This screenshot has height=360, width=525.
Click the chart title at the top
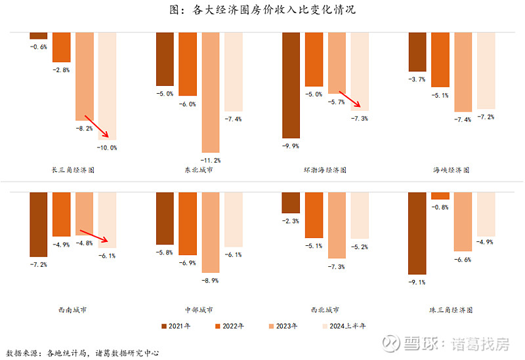pyautogui.click(x=262, y=10)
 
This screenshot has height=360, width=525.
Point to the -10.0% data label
pyautogui.click(x=107, y=148)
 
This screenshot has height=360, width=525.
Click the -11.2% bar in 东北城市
pyautogui.click(x=211, y=92)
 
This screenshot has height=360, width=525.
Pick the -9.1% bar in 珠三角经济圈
pyautogui.click(x=417, y=233)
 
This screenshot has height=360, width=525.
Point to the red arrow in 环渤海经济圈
pyautogui.click(x=348, y=99)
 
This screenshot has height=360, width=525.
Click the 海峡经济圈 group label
pyautogui.click(x=451, y=170)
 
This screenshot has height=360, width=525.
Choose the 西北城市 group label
pyautogui.click(x=325, y=310)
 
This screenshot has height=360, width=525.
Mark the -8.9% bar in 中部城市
pyautogui.click(x=211, y=231)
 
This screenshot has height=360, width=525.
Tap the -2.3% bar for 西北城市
pyautogui.click(x=291, y=203)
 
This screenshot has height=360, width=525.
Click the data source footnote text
pyautogui.click(x=83, y=353)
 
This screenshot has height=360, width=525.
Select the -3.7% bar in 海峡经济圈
pyautogui.click(x=417, y=52)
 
